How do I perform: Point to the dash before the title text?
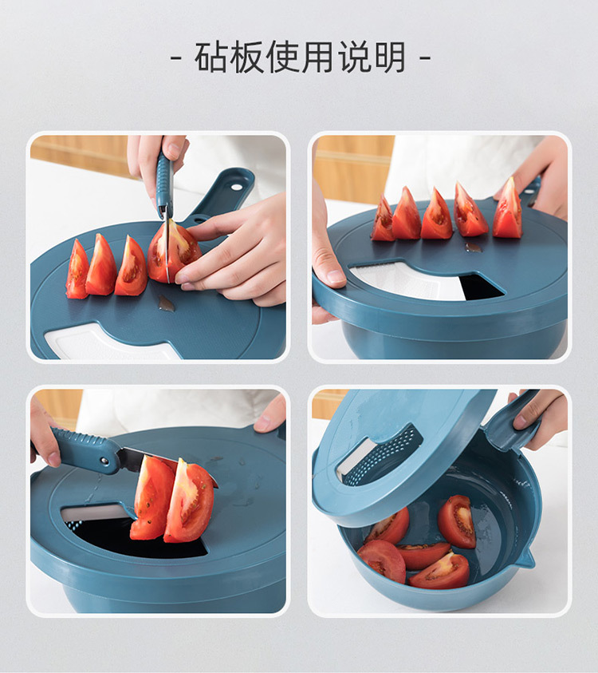click(176, 58)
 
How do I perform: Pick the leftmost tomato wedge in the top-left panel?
click(77, 271)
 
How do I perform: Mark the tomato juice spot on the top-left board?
click(166, 303)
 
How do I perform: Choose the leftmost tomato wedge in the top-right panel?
click(383, 221)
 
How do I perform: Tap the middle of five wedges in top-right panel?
click(436, 216)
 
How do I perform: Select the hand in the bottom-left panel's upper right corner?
click(271, 414)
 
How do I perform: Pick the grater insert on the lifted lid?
click(381, 455)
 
